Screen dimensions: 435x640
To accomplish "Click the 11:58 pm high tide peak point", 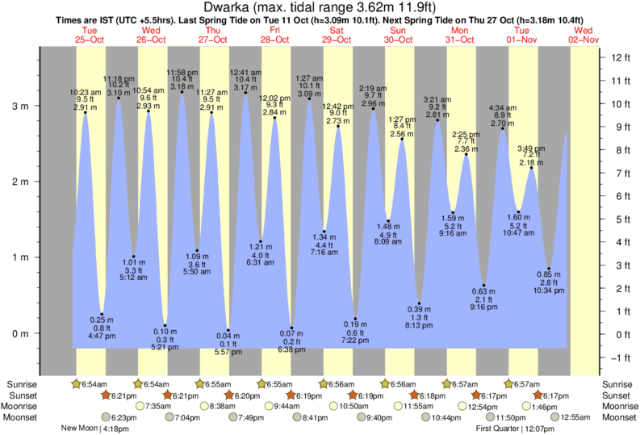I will click(182, 92).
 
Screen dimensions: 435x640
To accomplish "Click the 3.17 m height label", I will click(245, 86).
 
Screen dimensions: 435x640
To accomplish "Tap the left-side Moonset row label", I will click(21, 417).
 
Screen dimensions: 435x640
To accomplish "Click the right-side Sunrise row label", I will click(618, 383).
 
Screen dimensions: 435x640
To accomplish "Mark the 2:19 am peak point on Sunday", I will click(373, 108).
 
